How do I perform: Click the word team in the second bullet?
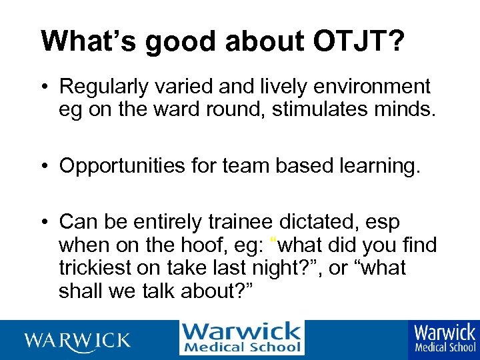[242, 166]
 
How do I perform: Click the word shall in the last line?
[79, 292]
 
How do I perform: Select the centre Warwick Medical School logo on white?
[241, 338]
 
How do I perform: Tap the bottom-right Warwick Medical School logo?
[445, 337]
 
